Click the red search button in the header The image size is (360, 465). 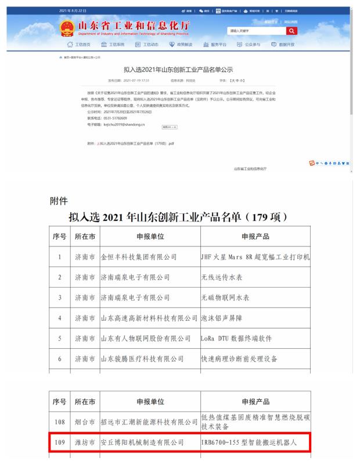point(291,31)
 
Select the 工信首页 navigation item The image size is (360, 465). point(80,45)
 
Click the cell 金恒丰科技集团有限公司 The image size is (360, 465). point(138,256)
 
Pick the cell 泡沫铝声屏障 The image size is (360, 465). point(221,318)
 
